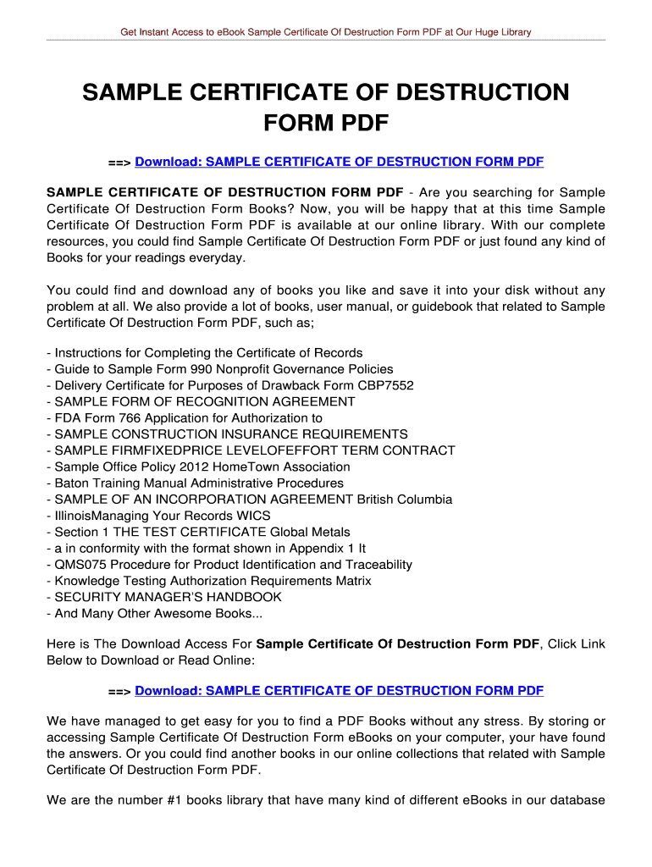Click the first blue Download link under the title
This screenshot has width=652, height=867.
339,162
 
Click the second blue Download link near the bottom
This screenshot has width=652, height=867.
339,691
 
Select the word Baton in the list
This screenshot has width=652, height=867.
71,483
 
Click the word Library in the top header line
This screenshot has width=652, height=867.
512,32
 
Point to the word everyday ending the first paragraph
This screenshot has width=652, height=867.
218,257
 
